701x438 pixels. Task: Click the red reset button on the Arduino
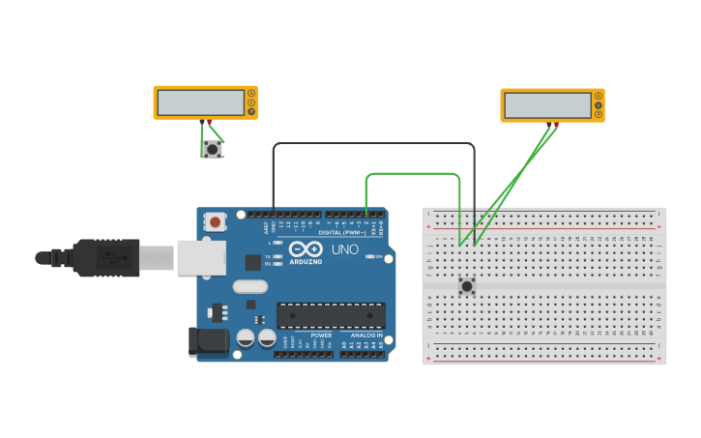(215, 222)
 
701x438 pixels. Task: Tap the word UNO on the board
(345, 249)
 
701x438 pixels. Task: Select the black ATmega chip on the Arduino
(331, 315)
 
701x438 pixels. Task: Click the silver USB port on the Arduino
(201, 258)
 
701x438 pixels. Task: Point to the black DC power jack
(207, 340)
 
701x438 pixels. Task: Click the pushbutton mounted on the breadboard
(467, 286)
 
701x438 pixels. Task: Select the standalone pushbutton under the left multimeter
(212, 149)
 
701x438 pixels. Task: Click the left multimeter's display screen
(201, 102)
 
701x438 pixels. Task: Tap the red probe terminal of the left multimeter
(209, 121)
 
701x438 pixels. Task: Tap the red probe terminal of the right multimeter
(556, 124)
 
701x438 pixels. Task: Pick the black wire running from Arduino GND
(373, 144)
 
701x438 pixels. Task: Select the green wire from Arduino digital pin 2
(411, 174)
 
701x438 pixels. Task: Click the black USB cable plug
(106, 258)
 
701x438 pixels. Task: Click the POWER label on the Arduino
(321, 336)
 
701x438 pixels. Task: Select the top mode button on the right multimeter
(599, 95)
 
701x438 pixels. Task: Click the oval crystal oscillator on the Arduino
(249, 286)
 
